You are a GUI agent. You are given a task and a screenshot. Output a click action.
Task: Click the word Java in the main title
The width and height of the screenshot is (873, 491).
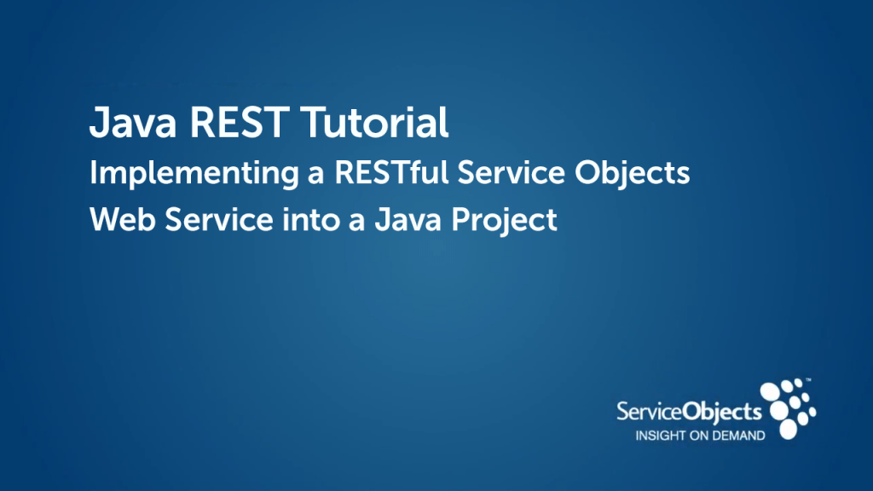[x=132, y=122]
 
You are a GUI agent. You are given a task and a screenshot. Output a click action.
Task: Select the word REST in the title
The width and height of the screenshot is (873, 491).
[x=240, y=122]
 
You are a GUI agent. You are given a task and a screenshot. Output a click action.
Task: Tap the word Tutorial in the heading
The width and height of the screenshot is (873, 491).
[x=375, y=122]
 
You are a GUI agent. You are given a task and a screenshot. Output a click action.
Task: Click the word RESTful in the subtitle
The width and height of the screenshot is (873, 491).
[x=391, y=172]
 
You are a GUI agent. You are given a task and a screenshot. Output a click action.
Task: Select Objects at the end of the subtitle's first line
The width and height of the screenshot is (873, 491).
[x=633, y=174]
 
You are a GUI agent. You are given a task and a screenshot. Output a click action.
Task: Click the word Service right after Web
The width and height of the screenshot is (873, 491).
[x=219, y=219]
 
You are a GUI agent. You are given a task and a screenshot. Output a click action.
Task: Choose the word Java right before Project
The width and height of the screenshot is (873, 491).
[x=408, y=219]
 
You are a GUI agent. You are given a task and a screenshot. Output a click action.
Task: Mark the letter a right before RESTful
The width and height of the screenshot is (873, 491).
[x=315, y=174]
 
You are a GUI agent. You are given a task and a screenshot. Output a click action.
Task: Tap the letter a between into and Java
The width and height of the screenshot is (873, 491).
[x=357, y=222]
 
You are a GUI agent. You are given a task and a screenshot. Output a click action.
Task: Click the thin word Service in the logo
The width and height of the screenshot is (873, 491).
[x=649, y=412]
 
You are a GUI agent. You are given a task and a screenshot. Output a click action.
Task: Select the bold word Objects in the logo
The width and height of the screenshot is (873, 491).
[x=722, y=413]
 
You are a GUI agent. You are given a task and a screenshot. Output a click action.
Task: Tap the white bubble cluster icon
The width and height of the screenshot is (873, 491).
[x=788, y=409]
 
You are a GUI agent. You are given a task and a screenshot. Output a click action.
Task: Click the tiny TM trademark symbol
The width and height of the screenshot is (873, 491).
[x=808, y=380]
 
